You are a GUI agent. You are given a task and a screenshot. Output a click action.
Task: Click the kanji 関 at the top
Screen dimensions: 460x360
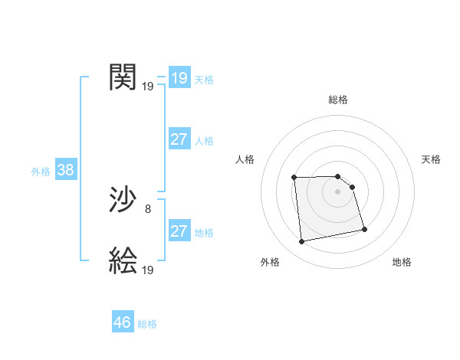pos(123,77)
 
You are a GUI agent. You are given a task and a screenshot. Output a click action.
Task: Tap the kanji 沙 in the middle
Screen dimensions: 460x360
pos(123,201)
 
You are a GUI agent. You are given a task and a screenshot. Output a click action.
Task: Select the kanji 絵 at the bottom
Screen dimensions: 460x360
pos(123,261)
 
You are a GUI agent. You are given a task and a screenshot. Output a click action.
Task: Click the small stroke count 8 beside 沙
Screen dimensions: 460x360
pos(148,208)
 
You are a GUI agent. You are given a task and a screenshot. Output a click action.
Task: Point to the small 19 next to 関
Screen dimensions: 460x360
pos(148,87)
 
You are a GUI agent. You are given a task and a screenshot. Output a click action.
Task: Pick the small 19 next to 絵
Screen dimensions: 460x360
pos(148,270)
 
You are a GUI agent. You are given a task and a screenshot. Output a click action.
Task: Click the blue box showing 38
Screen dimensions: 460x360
pos(65,170)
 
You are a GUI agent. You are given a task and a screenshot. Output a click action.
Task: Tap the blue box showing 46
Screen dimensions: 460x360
pos(123,322)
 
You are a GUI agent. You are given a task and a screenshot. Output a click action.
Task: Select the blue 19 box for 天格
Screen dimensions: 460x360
pos(179,78)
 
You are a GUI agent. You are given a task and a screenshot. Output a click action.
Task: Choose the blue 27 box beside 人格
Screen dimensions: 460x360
pos(179,139)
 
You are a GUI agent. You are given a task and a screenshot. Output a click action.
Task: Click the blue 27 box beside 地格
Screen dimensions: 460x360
pos(179,231)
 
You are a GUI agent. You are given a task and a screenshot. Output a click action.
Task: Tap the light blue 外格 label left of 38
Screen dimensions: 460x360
pos(41,172)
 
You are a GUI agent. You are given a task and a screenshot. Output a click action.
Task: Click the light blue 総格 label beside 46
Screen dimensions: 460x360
pos(147,324)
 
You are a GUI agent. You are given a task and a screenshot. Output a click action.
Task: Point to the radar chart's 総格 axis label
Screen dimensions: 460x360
pos(338,100)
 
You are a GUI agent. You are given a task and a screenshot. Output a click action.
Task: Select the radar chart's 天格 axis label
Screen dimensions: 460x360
pos(432,159)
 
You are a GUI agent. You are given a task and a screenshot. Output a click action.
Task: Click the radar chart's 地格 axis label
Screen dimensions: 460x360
pos(402,262)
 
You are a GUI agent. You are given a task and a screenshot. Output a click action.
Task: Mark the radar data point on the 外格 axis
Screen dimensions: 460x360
pos(302,242)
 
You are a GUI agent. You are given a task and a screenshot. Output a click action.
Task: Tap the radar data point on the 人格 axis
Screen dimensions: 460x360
pos(294,178)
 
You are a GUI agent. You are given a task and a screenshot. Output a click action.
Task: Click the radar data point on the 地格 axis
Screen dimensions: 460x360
pos(364,229)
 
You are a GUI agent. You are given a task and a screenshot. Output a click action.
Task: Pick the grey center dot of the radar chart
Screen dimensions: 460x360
pos(338,191)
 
